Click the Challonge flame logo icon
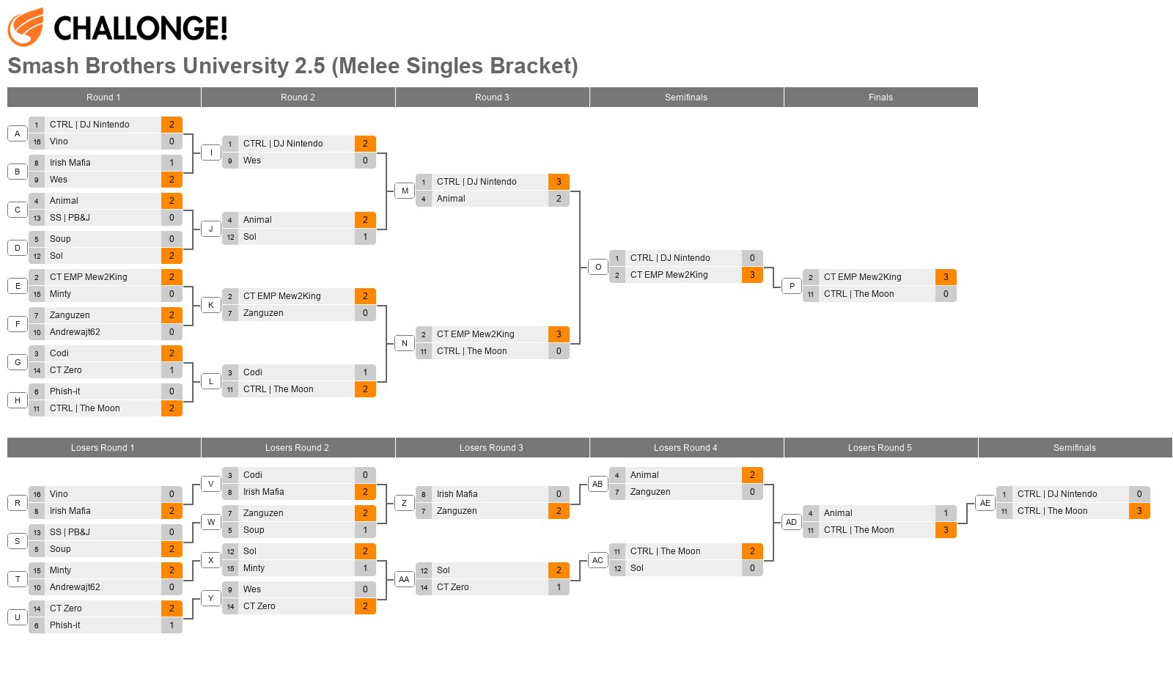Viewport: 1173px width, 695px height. [x=25, y=26]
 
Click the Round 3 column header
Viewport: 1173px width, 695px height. [x=492, y=98]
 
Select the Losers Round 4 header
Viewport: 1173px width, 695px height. [x=685, y=448]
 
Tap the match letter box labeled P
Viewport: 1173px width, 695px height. [x=792, y=286]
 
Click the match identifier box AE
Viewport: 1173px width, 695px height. [x=985, y=503]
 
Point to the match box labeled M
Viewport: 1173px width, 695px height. [x=405, y=191]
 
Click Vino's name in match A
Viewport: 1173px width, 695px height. [x=59, y=141]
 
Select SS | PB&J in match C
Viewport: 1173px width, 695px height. [x=70, y=218]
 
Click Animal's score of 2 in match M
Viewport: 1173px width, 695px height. [x=559, y=199]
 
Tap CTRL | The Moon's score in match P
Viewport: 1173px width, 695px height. [x=946, y=294]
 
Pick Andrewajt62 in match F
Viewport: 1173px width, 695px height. [x=75, y=332]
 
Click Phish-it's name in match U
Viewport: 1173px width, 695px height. [x=65, y=625]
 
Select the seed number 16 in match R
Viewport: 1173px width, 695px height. [x=37, y=494]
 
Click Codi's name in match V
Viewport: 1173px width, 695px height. [x=252, y=475]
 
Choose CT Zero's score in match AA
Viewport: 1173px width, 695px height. [x=559, y=588]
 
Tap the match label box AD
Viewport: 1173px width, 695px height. [x=791, y=522]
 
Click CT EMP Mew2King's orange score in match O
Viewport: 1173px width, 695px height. [x=752, y=275]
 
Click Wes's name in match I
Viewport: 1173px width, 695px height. [x=252, y=161]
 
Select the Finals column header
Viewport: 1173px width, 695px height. [x=880, y=98]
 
